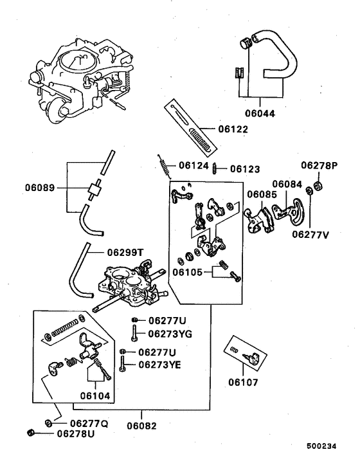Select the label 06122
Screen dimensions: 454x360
pyautogui.click(x=233, y=129)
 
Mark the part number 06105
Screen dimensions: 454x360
pyautogui.click(x=186, y=273)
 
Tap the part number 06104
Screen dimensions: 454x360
pyautogui.click(x=95, y=395)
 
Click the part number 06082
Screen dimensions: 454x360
pyautogui.click(x=141, y=425)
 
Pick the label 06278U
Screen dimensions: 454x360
pyautogui.click(x=76, y=434)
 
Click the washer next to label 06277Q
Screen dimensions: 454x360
pyautogui.click(x=49, y=423)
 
